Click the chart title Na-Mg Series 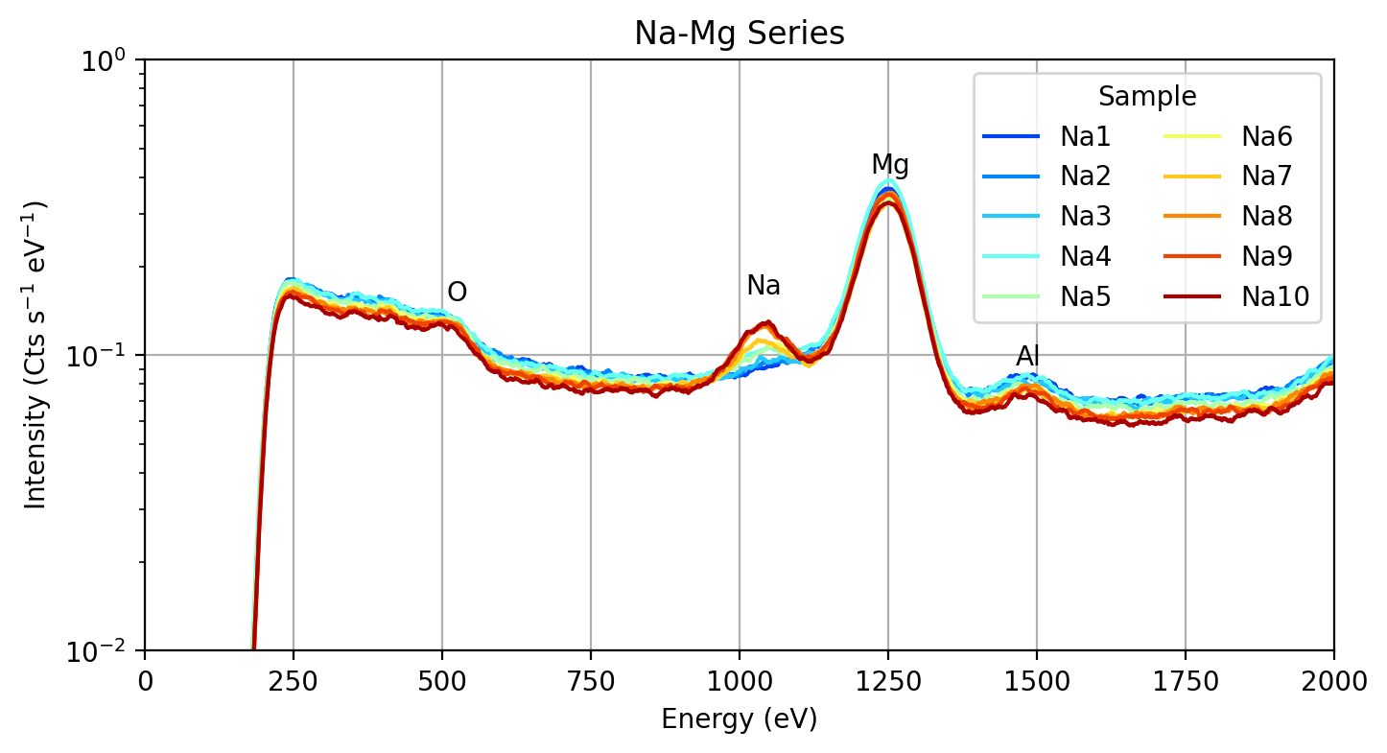point(739,35)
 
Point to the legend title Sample point(1147,97)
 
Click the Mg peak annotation point(889,166)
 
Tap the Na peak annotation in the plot point(764,286)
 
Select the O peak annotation point(458,293)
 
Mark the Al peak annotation point(1028,357)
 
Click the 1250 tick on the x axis point(888,682)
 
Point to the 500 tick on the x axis point(442,682)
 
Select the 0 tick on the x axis point(145,682)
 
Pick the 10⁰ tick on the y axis point(111,60)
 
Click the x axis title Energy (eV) point(739,719)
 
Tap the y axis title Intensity point(36,355)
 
